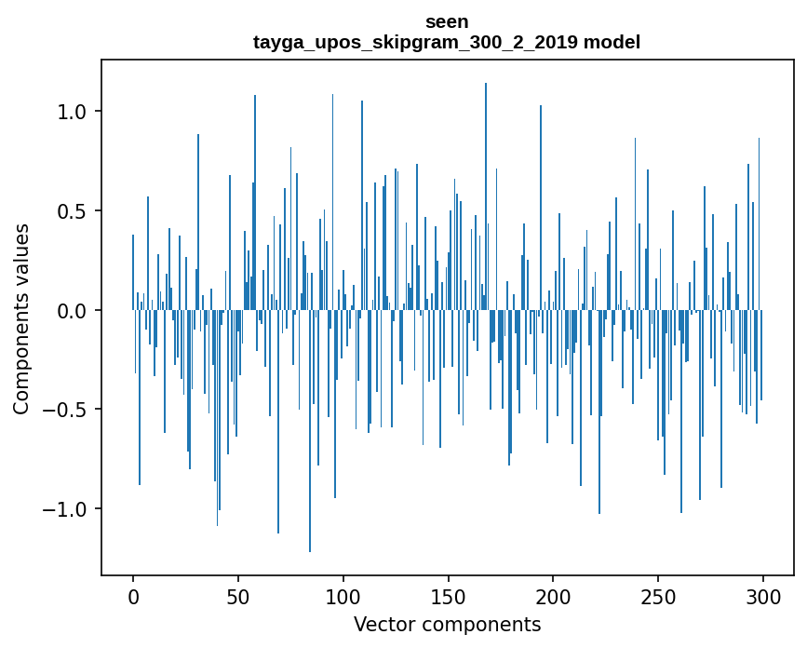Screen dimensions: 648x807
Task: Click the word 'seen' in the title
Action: tap(447, 21)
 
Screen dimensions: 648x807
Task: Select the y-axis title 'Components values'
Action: tap(21, 318)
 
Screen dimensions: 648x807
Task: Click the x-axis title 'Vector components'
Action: tap(447, 624)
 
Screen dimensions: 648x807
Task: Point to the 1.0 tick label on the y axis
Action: tap(71, 112)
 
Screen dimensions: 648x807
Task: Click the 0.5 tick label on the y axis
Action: tap(71, 211)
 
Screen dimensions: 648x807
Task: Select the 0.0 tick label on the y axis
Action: tap(71, 311)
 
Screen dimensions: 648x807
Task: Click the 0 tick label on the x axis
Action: tap(133, 596)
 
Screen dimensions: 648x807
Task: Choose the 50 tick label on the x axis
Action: tap(238, 596)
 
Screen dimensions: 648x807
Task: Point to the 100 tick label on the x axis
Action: tap(343, 596)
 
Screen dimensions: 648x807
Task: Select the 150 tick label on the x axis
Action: tap(449, 596)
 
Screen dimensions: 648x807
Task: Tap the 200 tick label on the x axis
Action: tap(554, 596)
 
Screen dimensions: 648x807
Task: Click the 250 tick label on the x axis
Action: tap(658, 596)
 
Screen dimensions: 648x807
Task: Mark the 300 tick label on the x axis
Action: tap(763, 596)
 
